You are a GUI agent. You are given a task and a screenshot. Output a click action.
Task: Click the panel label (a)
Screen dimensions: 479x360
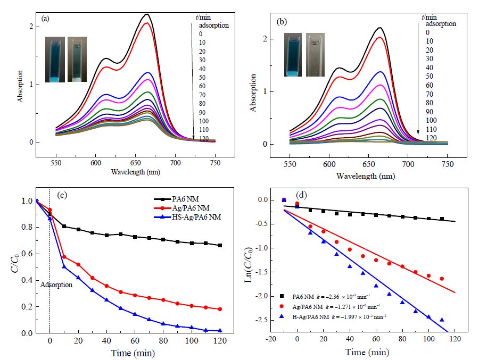tap(45, 19)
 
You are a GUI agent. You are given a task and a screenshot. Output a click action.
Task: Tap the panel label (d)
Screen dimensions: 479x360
tap(301, 195)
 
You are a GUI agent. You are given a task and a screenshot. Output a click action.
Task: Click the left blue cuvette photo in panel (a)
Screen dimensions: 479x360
tap(55, 60)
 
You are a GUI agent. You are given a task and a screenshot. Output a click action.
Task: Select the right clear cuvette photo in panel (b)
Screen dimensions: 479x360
tap(315, 55)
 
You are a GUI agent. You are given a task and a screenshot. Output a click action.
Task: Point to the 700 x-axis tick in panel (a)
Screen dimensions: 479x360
tap(175, 163)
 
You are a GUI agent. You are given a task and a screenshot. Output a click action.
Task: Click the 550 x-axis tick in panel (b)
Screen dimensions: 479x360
tap(290, 164)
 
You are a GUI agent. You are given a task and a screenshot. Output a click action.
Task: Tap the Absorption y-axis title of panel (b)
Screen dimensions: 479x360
tap(253, 93)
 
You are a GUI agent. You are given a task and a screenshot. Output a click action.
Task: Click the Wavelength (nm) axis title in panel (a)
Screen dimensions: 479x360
tap(135, 172)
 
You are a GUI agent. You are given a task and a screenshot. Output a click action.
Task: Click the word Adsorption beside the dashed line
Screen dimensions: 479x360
tap(56, 285)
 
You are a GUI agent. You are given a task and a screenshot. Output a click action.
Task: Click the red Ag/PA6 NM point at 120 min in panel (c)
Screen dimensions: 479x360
tap(220, 309)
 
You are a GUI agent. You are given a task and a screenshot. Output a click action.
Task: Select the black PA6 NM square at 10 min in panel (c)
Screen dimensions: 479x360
tap(64, 226)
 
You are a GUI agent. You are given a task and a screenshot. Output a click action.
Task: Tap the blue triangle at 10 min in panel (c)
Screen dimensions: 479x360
tap(64, 266)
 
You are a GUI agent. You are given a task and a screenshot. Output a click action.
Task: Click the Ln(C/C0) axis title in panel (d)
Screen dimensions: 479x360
tap(249, 264)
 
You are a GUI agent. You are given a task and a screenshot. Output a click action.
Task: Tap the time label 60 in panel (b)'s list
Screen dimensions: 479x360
tap(430, 85)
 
